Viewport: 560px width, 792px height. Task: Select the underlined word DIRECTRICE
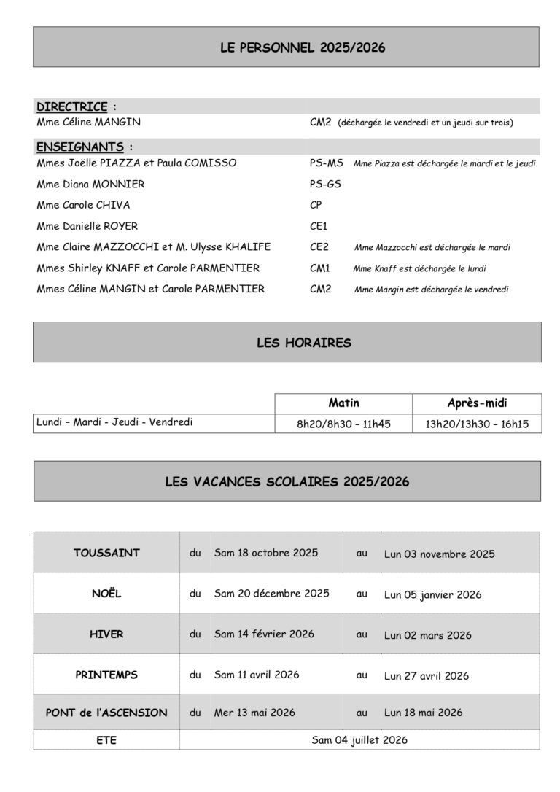tap(72, 106)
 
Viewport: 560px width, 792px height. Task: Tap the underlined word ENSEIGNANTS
tap(80, 147)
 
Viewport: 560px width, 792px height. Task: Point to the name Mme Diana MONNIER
tap(90, 185)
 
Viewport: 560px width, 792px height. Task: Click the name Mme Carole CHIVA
tap(83, 205)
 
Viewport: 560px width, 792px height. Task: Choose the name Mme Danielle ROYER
tap(87, 226)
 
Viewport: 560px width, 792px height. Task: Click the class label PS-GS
tap(325, 185)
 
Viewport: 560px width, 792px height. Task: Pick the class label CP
tap(316, 205)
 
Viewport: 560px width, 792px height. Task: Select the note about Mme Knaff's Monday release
tap(420, 268)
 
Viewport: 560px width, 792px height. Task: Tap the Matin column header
tap(343, 403)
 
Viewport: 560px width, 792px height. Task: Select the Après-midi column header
tap(477, 403)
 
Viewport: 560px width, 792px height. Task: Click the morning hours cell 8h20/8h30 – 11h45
tap(343, 423)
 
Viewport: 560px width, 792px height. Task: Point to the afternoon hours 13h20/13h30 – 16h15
tap(477, 423)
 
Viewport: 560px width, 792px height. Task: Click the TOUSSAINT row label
tap(106, 553)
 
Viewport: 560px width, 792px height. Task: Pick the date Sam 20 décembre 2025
tap(271, 594)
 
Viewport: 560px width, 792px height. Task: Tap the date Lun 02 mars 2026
tap(427, 635)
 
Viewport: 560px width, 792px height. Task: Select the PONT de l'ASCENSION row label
tap(106, 713)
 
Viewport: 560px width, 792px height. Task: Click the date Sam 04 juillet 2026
tap(359, 740)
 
